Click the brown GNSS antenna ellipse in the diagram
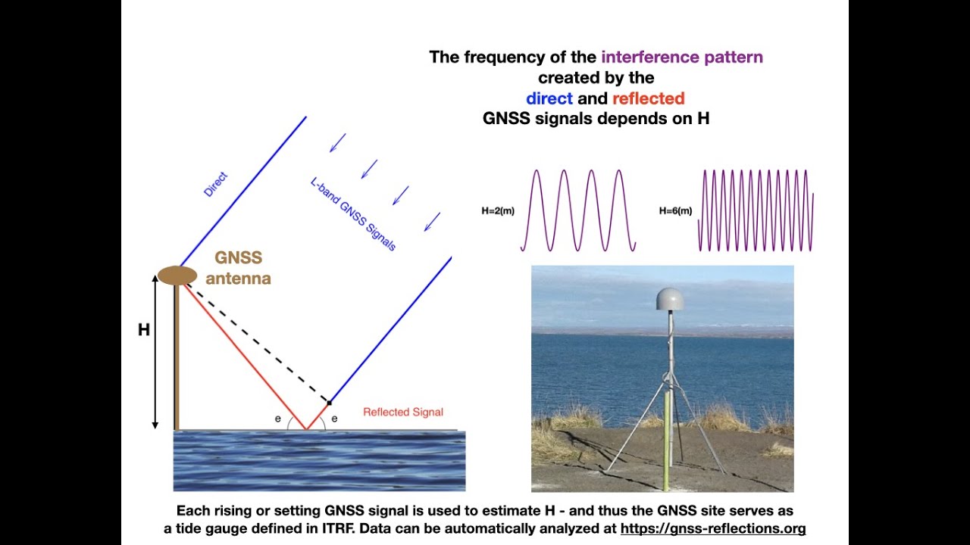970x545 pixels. click(177, 276)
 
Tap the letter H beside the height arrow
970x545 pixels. click(143, 331)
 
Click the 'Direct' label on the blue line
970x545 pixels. click(215, 185)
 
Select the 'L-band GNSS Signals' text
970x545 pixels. click(353, 214)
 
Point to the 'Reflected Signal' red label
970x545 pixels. click(402, 413)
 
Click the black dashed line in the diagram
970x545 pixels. click(258, 343)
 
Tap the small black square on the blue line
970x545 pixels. click(329, 402)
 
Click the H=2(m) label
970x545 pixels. click(498, 211)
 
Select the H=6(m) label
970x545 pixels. click(675, 211)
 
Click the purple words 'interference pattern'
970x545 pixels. click(681, 57)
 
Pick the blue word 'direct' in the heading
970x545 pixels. click(549, 98)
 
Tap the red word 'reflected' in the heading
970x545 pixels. click(648, 98)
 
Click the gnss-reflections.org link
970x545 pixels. click(712, 528)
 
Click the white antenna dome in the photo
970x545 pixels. click(669, 300)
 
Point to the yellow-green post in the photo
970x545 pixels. click(667, 439)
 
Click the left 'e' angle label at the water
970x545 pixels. click(278, 419)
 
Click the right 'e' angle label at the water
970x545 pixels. click(334, 419)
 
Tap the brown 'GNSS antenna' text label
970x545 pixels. click(238, 268)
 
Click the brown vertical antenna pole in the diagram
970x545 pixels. click(177, 356)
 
